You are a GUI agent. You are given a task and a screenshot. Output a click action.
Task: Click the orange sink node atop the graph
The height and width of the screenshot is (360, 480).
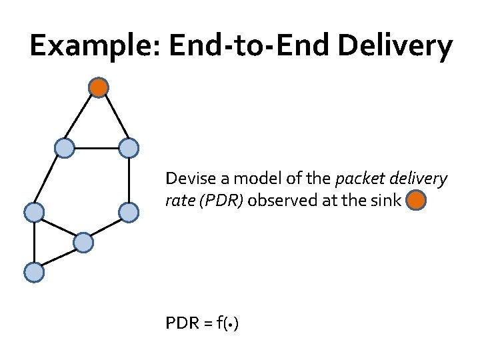click(x=99, y=87)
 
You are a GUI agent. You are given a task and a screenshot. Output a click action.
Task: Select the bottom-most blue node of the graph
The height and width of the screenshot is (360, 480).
click(x=33, y=272)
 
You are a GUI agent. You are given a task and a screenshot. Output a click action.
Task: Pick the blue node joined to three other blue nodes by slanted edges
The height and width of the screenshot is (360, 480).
click(x=83, y=243)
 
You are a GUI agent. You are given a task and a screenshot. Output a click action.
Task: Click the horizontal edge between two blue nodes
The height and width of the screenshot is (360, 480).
click(x=96, y=148)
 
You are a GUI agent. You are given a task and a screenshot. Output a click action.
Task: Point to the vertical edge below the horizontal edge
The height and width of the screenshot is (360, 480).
click(x=128, y=180)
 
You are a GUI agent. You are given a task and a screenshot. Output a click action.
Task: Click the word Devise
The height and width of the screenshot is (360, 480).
click(x=186, y=179)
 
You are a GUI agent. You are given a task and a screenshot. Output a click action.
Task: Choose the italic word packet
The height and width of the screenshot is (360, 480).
click(x=355, y=179)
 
